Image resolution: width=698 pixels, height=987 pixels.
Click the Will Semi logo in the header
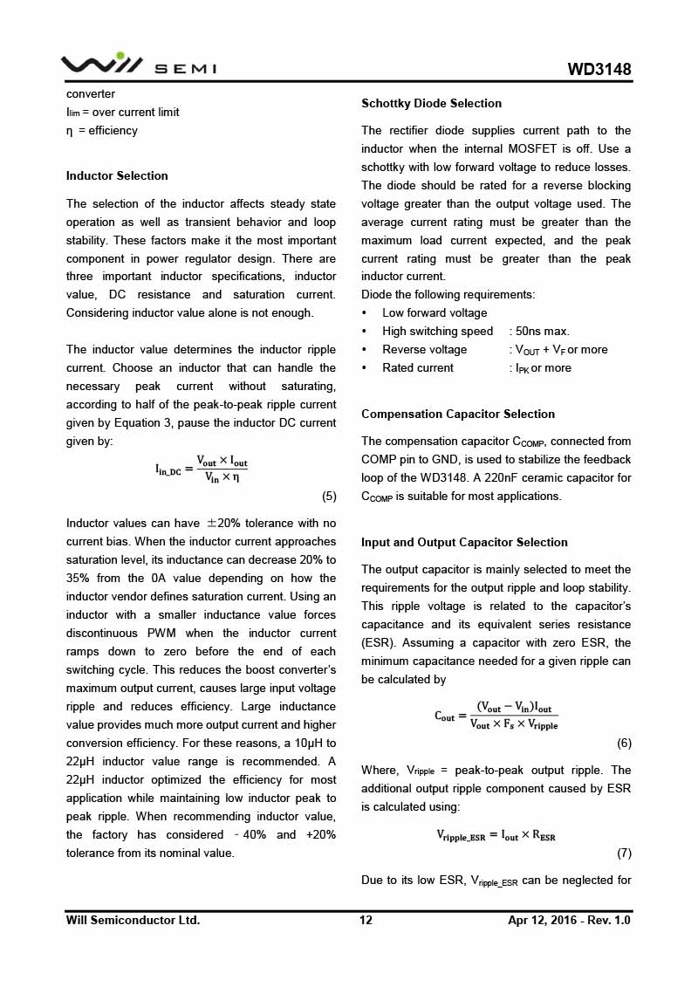click(138, 65)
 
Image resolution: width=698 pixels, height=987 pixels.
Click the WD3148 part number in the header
click(599, 70)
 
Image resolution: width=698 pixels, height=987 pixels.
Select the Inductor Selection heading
click(117, 175)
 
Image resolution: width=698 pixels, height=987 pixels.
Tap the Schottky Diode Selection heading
click(431, 103)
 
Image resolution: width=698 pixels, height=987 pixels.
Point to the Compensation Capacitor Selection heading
click(458, 414)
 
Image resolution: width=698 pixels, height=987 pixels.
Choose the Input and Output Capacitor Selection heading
click(464, 542)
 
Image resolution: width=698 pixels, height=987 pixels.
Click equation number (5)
click(329, 497)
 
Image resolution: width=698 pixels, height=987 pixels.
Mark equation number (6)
click(624, 744)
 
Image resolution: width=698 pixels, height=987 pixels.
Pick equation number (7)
click(624, 853)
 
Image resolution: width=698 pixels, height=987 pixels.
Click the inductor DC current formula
click(202, 469)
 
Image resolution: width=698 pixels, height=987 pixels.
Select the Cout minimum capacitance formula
click(496, 716)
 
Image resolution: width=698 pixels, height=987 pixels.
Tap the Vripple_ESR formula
click(496, 835)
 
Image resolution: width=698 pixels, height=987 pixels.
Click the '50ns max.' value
click(542, 331)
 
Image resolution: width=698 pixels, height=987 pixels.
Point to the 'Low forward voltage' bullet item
click(435, 312)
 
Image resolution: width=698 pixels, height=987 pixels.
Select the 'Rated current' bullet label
click(417, 367)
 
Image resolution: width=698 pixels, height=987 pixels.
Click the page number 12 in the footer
click(366, 920)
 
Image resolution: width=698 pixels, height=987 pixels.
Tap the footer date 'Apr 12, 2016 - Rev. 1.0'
click(569, 920)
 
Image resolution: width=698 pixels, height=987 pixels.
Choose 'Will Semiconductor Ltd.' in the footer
click(133, 920)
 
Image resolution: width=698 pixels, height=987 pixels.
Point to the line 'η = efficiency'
click(102, 130)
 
